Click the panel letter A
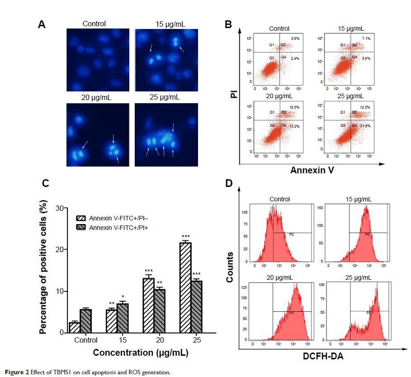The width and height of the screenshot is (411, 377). [x=42, y=25]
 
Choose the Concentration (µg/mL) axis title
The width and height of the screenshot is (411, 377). [x=128, y=352]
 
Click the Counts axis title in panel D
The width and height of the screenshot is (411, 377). [x=230, y=267]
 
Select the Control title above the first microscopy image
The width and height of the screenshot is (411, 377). [x=94, y=24]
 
